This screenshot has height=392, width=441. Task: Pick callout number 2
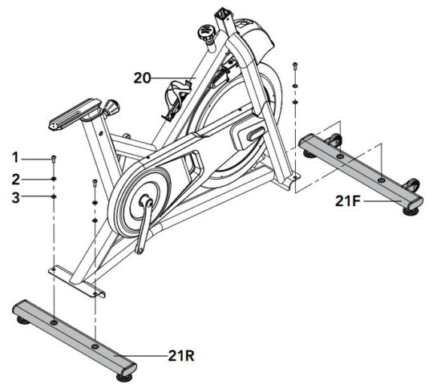pyautogui.click(x=14, y=177)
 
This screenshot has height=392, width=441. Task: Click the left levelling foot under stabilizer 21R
pyautogui.click(x=22, y=320)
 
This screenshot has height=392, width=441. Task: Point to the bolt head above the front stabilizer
pyautogui.click(x=296, y=66)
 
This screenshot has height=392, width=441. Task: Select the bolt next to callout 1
pyautogui.click(x=53, y=158)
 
